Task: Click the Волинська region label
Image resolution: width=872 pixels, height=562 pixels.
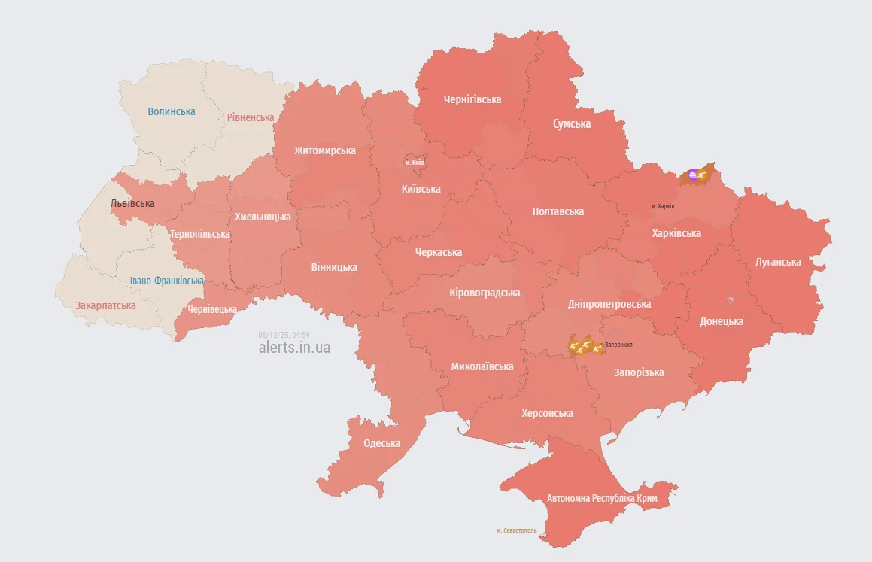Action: click(171, 111)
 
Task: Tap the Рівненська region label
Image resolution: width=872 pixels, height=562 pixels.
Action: click(251, 117)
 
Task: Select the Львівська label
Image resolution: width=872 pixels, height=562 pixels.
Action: click(132, 203)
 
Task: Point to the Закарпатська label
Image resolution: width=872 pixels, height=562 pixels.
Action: click(105, 305)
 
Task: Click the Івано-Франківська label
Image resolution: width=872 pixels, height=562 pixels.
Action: click(166, 281)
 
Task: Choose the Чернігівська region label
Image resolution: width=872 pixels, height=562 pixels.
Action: click(472, 99)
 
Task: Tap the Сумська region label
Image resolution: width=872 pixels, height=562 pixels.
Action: click(572, 123)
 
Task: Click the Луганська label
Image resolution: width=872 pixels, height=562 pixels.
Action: click(778, 262)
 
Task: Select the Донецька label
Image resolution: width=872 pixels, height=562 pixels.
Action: click(722, 321)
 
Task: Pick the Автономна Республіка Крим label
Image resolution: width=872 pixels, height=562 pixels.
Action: click(602, 499)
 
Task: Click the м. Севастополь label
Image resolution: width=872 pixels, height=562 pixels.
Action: click(517, 530)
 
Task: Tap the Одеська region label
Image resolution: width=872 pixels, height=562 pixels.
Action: click(381, 443)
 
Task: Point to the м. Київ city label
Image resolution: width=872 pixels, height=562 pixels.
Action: click(415, 163)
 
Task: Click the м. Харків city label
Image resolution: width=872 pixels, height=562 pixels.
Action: click(663, 206)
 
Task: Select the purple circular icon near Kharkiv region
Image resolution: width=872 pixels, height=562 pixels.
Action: click(693, 175)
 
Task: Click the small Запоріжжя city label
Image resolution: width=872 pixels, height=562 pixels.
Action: click(618, 345)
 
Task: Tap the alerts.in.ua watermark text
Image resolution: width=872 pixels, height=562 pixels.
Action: click(294, 348)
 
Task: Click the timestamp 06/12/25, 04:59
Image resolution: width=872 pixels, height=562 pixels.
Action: click(284, 335)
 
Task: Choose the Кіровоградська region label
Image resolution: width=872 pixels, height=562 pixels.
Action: click(485, 293)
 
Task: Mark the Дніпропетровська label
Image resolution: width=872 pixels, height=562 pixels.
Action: click(609, 304)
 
